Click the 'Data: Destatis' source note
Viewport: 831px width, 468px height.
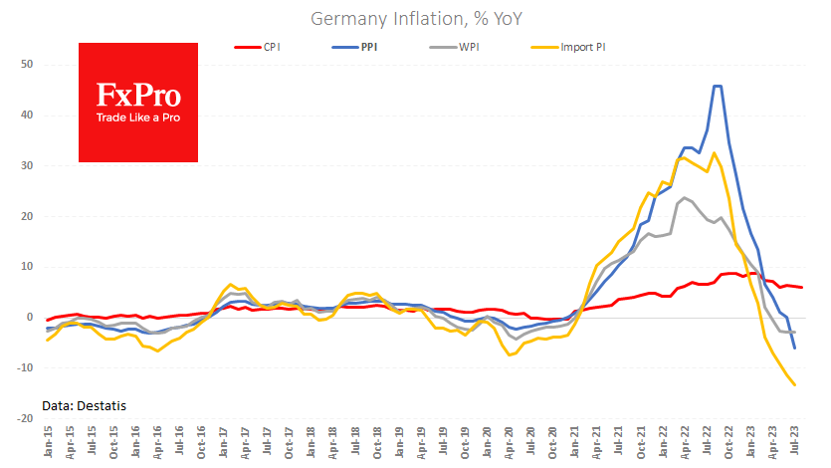point(85,405)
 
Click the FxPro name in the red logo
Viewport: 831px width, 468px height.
point(138,97)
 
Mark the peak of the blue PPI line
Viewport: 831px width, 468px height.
point(717,86)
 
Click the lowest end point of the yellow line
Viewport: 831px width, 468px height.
point(795,385)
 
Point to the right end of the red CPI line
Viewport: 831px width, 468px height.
point(802,288)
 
